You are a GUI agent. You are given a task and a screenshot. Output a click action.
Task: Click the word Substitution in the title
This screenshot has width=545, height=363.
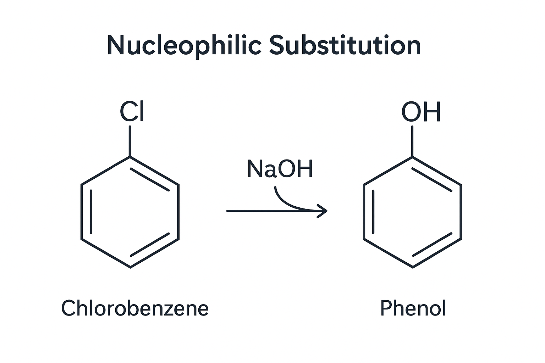click(x=345, y=45)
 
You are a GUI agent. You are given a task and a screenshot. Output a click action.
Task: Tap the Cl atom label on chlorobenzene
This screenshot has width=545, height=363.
click(x=132, y=112)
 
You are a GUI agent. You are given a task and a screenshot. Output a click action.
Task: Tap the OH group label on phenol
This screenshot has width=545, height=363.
click(x=421, y=112)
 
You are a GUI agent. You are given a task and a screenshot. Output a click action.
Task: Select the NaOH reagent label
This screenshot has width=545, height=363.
click(x=280, y=169)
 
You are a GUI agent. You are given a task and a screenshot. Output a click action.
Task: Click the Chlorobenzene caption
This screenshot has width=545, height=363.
click(x=135, y=308)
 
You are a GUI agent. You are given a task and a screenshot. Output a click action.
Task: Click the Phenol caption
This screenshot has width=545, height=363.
click(x=413, y=308)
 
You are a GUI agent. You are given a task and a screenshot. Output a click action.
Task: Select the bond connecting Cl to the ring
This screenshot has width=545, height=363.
click(x=130, y=141)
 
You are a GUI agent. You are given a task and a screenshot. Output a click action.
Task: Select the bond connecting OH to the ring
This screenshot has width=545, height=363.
click(x=412, y=141)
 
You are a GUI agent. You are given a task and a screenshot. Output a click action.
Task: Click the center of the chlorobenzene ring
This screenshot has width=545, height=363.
click(x=130, y=212)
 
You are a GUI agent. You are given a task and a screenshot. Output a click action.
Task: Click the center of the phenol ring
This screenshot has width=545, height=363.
click(x=413, y=212)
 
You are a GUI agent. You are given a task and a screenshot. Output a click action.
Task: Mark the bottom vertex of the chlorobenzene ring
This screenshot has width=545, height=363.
click(x=130, y=267)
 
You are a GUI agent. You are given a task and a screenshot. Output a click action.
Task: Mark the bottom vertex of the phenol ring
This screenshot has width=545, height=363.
click(x=413, y=267)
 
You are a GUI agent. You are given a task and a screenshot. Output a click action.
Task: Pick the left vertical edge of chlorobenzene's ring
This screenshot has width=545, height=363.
click(x=82, y=212)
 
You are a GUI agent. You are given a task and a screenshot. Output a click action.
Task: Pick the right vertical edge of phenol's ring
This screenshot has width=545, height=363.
click(x=461, y=212)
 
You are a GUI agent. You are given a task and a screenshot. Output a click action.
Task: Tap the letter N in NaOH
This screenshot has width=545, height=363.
click(x=254, y=169)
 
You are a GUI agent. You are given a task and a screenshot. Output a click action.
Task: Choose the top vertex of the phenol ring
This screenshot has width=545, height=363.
click(x=412, y=156)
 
